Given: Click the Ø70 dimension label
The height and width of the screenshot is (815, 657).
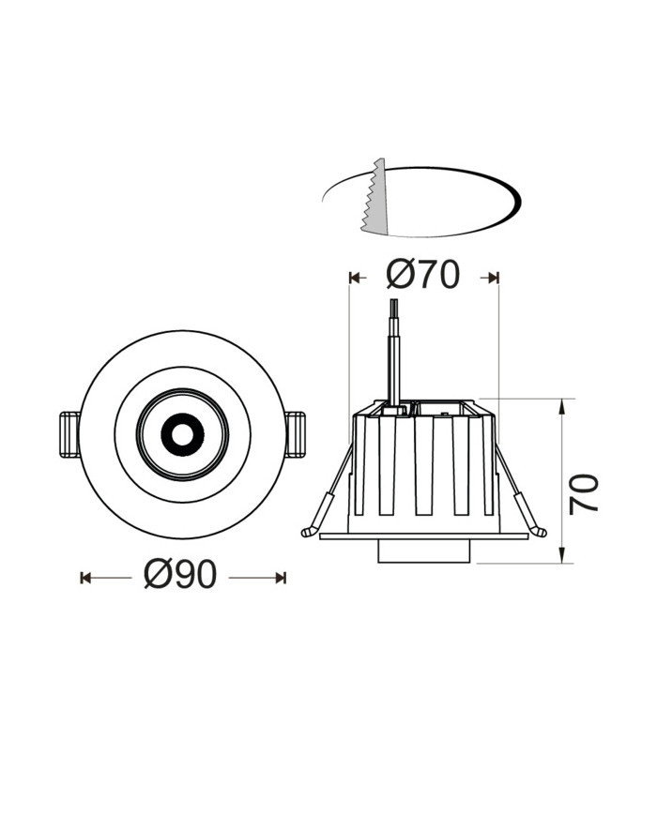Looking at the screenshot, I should [x=423, y=275].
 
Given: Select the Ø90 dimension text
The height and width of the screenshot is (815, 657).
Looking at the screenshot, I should [x=181, y=575].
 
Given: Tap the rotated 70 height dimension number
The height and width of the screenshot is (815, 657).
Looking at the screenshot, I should [x=584, y=493].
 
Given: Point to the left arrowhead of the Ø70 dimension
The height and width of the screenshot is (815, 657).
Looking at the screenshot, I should [x=354, y=278].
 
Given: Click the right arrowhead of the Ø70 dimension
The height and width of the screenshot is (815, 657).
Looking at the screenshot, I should [x=493, y=278].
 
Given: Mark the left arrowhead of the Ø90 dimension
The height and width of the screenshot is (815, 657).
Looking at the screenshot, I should [x=85, y=578].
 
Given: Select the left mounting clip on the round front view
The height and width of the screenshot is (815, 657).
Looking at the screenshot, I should [x=69, y=434].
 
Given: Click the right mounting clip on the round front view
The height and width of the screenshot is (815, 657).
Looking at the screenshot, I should [x=296, y=434].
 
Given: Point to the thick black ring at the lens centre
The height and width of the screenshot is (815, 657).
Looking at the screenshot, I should [x=182, y=434].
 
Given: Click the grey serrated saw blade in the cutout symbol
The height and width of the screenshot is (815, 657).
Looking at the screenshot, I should [x=376, y=199].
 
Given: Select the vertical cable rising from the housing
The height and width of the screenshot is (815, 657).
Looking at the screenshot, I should [x=395, y=352].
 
